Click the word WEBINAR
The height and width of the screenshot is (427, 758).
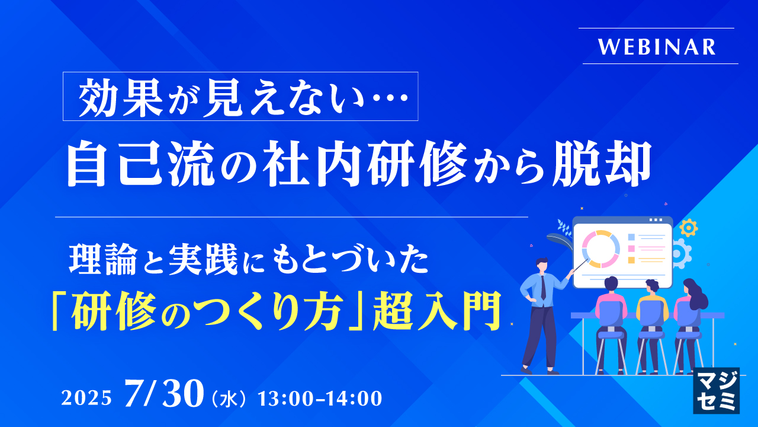click(x=657, y=47)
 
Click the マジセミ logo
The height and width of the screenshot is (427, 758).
click(x=716, y=390)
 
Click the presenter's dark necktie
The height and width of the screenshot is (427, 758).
click(x=543, y=287)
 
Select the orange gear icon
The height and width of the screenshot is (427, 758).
click(x=689, y=228)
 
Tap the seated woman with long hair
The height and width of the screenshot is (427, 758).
click(x=689, y=308)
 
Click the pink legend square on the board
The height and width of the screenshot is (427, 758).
click(x=631, y=248)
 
